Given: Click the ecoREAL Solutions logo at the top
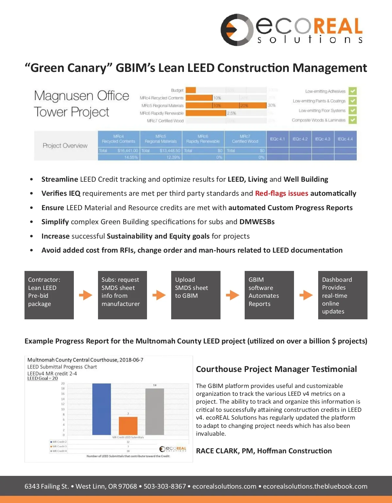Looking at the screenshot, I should pyautogui.click(x=291, y=30).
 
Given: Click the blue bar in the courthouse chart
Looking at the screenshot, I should pyautogui.click(x=102, y=409).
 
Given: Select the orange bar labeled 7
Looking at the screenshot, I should pyautogui.click(x=128, y=426).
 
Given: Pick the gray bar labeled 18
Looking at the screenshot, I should pyautogui.click(x=155, y=412).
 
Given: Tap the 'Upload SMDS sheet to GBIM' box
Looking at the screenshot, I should pyautogui.click(x=196, y=295).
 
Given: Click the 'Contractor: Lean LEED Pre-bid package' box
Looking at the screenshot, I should pyautogui.click(x=49, y=295).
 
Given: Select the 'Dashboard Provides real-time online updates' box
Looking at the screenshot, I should pyautogui.click(x=343, y=295).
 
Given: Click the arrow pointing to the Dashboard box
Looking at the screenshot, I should pyautogui.click(x=306, y=295).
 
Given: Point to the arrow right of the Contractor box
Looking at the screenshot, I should pyautogui.click(x=86, y=295).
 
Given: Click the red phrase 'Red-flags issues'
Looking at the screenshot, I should pyautogui.click(x=282, y=193).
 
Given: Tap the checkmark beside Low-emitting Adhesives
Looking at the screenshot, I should pyautogui.click(x=352, y=91).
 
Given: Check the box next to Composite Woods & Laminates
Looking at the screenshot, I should pyautogui.click(x=352, y=120).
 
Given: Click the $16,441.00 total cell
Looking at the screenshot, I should pyautogui.click(x=127, y=151).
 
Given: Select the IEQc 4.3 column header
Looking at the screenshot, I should pyautogui.click(x=323, y=139).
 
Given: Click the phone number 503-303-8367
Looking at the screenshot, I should pyautogui.click(x=165, y=486).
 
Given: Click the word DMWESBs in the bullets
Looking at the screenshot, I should pyautogui.click(x=257, y=222).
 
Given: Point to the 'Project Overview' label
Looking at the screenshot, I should pyautogui.click(x=65, y=146).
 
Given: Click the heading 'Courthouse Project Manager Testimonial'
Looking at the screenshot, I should pyautogui.click(x=276, y=369).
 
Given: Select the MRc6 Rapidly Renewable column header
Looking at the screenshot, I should pyautogui.click(x=203, y=139).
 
